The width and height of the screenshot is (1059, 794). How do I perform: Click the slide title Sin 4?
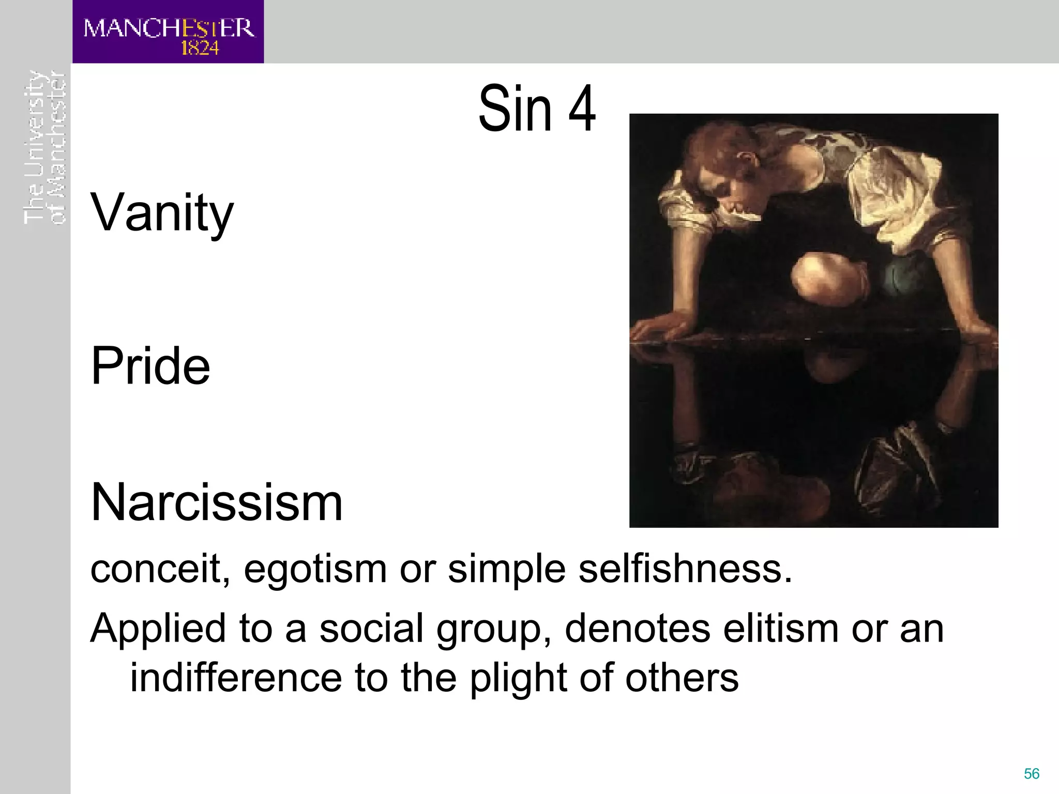tap(537, 109)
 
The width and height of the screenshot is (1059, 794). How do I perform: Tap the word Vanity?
tap(162, 212)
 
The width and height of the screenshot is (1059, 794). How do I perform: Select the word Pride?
tap(150, 365)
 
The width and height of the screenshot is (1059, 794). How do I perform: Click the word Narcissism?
tap(217, 502)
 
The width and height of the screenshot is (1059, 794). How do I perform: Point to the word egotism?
tap(315, 569)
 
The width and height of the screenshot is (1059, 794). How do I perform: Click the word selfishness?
tap(685, 569)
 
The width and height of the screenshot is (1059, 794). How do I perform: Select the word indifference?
tap(236, 678)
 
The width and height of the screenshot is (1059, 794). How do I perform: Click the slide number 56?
tap(1032, 773)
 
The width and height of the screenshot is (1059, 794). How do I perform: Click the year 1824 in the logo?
tap(200, 48)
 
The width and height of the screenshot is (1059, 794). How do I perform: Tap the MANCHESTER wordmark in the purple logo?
tap(169, 28)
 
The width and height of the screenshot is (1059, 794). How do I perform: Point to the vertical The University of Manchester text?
tap(45, 147)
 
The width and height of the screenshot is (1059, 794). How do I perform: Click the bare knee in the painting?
tap(817, 274)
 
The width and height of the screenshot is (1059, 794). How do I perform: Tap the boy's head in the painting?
tap(724, 165)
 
